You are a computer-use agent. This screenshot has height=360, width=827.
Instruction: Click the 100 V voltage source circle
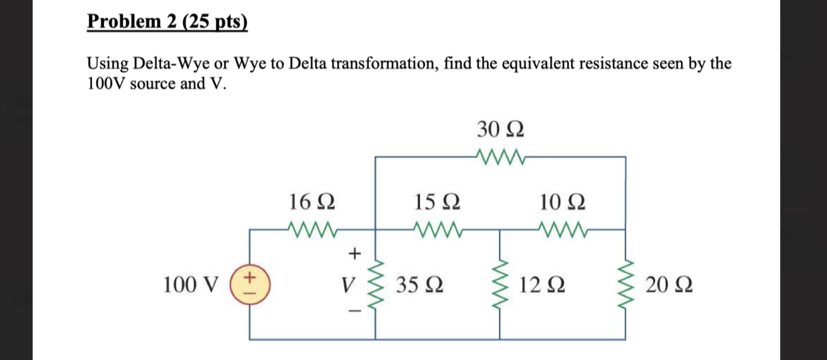(250, 284)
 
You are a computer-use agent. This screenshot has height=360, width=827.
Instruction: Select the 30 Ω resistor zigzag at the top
(501, 157)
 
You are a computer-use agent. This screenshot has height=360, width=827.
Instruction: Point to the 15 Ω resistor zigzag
(438, 229)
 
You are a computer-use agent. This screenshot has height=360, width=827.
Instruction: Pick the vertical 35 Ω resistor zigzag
(375, 285)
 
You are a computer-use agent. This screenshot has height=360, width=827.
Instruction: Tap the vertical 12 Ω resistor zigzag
(500, 285)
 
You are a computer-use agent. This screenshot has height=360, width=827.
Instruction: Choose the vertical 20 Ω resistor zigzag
(625, 285)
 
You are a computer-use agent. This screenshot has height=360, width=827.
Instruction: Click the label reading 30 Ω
(500, 129)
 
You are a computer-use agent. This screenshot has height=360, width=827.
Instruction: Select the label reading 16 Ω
(312, 202)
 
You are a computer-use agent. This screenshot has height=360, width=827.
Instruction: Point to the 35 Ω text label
(419, 285)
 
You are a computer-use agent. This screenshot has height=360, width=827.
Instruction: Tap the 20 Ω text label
(669, 285)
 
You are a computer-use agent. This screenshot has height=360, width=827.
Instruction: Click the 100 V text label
(191, 285)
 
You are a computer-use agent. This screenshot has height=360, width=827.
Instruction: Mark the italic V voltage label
(348, 285)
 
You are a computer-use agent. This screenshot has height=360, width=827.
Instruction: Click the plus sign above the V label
(354, 254)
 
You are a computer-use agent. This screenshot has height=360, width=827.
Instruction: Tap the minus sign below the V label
(354, 311)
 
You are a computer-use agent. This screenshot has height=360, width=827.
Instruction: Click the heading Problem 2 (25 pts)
(167, 21)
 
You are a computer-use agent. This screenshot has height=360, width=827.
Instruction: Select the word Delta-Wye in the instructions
(171, 64)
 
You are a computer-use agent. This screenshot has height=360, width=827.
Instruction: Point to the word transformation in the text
(384, 64)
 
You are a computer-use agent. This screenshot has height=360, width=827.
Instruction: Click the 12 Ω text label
(542, 285)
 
